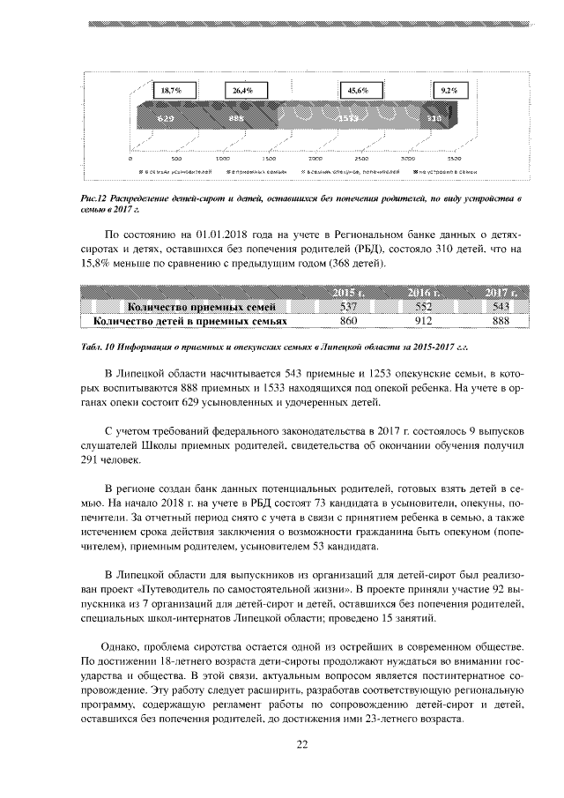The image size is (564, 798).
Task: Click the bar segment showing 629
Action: (166, 117)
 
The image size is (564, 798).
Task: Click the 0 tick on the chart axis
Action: (130, 159)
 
